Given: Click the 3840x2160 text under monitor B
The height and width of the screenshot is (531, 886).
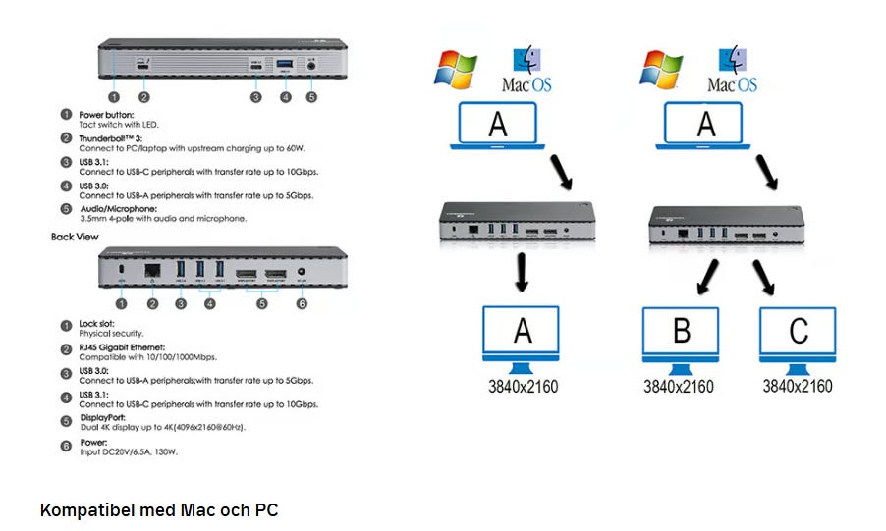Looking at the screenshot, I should point(678,386).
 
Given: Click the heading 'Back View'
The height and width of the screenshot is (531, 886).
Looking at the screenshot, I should point(75,237).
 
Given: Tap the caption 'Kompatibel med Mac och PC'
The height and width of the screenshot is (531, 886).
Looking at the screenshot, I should point(159,510).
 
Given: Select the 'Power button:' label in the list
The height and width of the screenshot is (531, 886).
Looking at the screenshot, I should point(106,115).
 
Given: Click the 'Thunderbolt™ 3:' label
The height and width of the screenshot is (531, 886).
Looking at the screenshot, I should point(110,138).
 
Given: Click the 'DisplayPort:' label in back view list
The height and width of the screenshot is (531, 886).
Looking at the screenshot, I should point(102,419).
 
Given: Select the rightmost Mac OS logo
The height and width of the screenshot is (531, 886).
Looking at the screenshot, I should point(733,71).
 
